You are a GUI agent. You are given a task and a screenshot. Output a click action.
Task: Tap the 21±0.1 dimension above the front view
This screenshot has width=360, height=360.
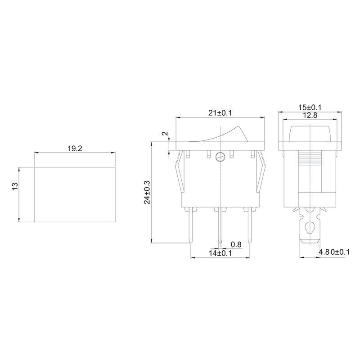point(219,113)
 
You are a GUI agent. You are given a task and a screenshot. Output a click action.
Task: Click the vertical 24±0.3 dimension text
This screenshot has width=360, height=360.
point(147,193)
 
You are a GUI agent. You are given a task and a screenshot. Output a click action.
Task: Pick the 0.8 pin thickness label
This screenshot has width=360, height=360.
point(236,244)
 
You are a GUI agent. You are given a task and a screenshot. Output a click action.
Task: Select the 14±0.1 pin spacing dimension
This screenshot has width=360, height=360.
point(220,254)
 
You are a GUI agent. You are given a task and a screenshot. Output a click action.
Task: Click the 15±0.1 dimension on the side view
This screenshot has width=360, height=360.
point(311,108)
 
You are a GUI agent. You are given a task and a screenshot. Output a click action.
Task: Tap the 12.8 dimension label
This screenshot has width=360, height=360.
point(311,115)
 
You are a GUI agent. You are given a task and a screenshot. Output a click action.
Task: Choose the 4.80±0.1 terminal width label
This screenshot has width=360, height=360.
point(334,252)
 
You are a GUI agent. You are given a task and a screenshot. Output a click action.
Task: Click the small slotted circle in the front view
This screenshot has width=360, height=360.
point(220,157)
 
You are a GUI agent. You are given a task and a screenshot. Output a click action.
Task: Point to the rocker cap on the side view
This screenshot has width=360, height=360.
point(311,133)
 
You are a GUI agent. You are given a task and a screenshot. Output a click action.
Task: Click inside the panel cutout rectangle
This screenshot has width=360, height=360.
point(75,194)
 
